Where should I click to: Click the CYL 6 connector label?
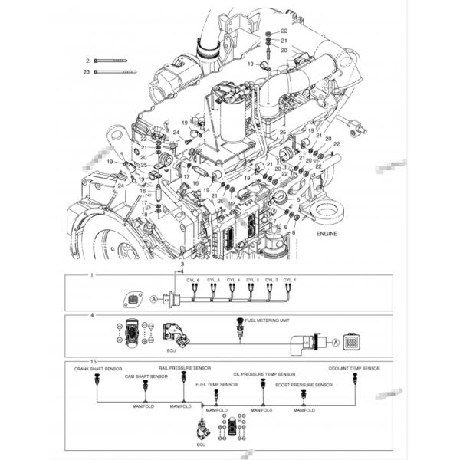(x=193, y=281)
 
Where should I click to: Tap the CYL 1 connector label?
(x=290, y=281)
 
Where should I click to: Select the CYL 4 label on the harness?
(x=232, y=281)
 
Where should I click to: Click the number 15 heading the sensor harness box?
(x=93, y=361)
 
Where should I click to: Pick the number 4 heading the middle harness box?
(x=92, y=314)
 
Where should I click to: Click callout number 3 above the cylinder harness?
(x=182, y=263)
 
